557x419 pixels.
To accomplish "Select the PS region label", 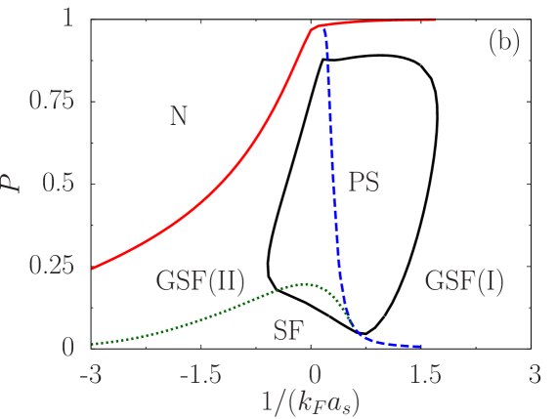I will click(364, 182).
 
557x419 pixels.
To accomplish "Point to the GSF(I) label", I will click(464, 282).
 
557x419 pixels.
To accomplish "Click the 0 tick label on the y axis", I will click(67, 347).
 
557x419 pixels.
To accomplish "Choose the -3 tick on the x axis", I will click(91, 375).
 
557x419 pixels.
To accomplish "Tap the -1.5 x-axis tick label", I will click(204, 375).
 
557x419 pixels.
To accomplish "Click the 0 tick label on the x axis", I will click(315, 375).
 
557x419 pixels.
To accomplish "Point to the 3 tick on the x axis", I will click(534, 375).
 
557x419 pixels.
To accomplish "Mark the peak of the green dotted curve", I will click(307, 284).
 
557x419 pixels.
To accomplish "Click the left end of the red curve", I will click(92, 269).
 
